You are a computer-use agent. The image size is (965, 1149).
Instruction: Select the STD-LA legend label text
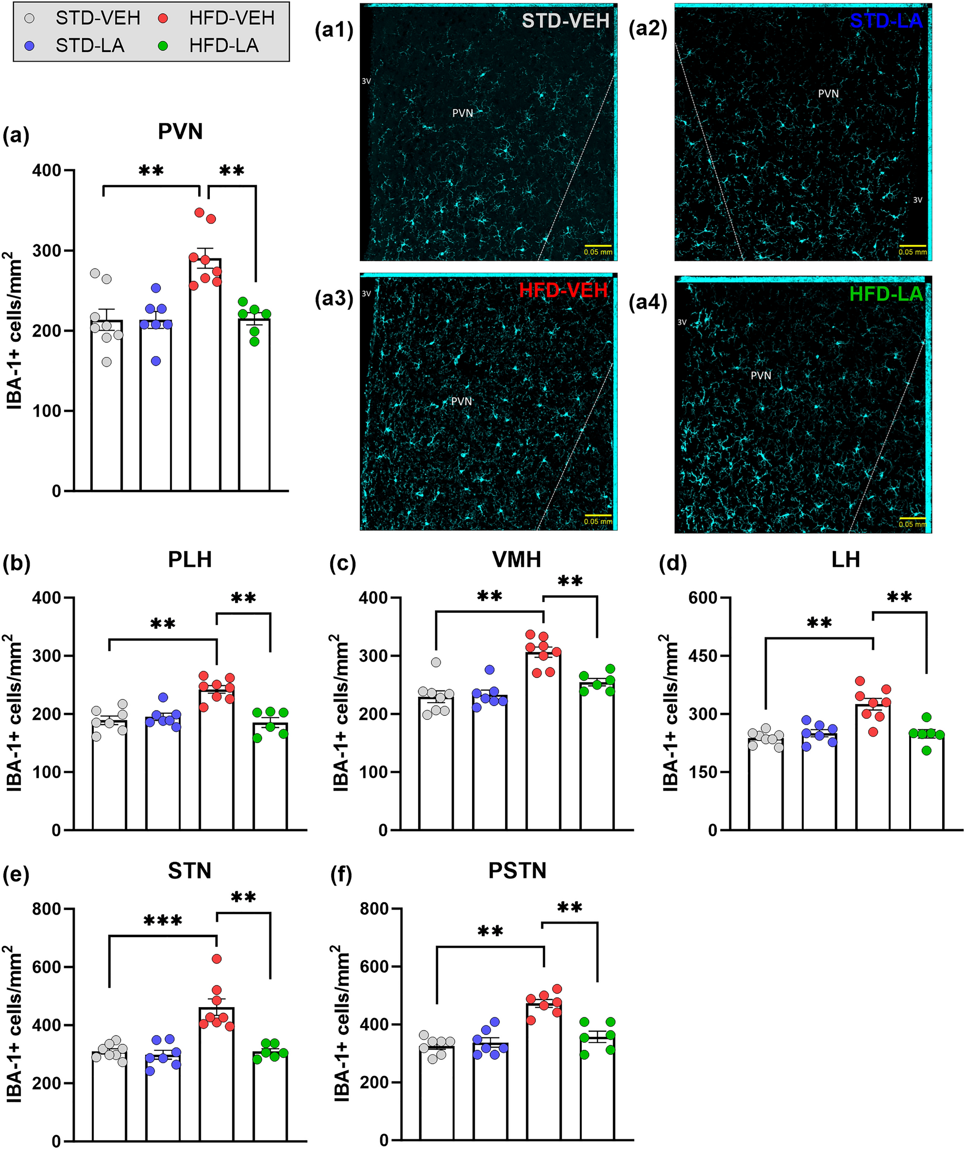(x=90, y=46)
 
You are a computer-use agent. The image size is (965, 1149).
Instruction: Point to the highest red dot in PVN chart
(x=200, y=212)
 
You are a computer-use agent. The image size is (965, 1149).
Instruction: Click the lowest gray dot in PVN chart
(x=107, y=362)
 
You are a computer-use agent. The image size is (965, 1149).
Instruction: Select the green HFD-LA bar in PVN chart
(x=254, y=405)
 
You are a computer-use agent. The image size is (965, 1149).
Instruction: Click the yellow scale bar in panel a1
(x=597, y=246)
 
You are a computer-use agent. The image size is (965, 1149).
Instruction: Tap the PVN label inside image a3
(x=461, y=402)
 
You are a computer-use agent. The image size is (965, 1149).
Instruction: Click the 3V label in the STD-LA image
(x=917, y=200)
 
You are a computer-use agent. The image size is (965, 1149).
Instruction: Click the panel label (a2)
(x=648, y=29)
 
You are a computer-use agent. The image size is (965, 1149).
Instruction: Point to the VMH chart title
(x=516, y=560)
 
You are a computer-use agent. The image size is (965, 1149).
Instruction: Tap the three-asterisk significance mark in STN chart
(x=163, y=921)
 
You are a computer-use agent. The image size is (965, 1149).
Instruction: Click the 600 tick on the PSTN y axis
(x=375, y=967)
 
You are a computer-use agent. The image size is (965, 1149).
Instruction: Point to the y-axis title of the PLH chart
(x=14, y=713)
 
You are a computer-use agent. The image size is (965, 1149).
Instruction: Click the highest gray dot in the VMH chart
(x=436, y=662)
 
